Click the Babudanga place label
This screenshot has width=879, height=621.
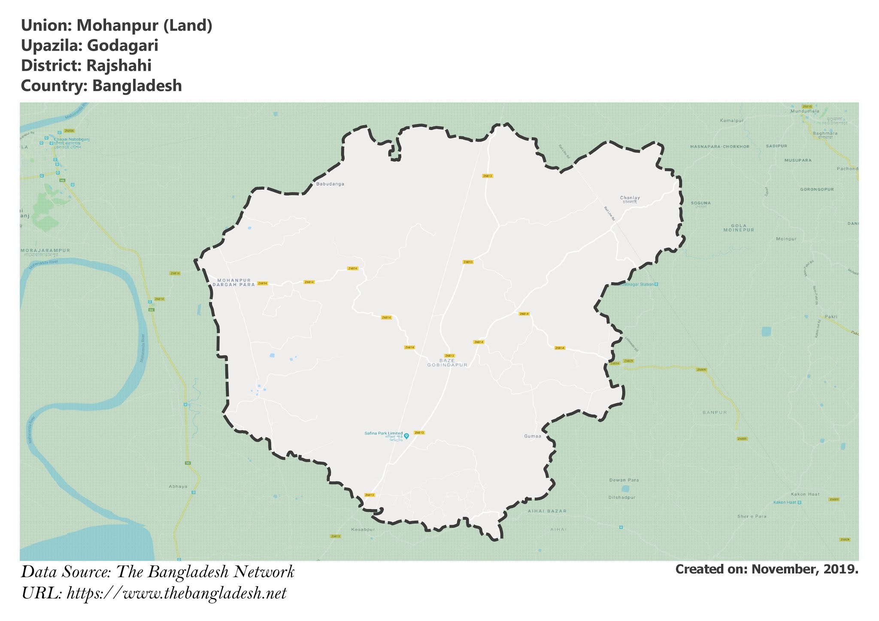(330, 184)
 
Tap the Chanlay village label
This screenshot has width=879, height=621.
(630, 198)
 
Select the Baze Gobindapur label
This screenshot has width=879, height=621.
(447, 363)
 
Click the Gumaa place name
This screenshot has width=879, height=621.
(533, 436)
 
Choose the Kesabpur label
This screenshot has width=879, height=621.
(363, 529)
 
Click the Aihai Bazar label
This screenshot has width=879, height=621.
(547, 511)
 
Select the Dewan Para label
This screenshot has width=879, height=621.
(624, 480)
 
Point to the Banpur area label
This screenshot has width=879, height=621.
(715, 412)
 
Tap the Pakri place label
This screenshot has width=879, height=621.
(831, 317)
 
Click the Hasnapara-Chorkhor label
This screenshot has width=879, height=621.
(720, 147)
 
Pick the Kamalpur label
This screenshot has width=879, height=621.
(731, 121)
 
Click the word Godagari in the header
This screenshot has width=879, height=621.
(122, 45)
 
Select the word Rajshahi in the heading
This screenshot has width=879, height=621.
(118, 66)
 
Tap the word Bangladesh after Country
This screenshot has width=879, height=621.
(137, 86)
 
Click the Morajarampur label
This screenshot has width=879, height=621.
(45, 250)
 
